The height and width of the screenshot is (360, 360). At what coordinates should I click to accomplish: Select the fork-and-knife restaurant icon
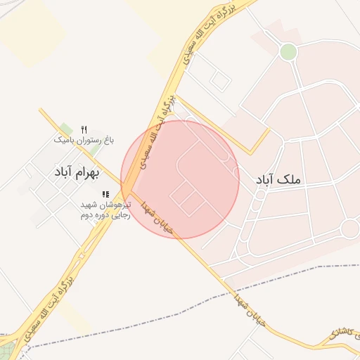click(84, 129)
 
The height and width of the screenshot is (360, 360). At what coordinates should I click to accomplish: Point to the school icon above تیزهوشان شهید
click(105, 194)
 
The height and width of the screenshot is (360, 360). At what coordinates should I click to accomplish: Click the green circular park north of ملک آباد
click(288, 51)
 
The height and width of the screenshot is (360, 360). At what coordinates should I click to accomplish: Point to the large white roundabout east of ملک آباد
click(349, 229)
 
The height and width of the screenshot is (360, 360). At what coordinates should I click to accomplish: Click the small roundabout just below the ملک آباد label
click(259, 195)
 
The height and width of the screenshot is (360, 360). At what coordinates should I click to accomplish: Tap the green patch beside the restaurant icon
click(94, 150)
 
